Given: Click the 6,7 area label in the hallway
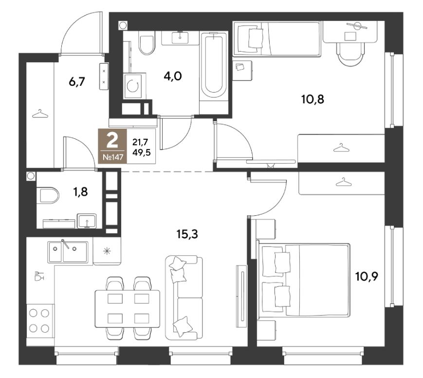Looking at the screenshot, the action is tap(77, 81).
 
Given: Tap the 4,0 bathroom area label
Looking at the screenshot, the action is tap(173, 76).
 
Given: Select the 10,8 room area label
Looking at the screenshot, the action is tap(313, 100).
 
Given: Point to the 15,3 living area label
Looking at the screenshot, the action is tap(187, 234).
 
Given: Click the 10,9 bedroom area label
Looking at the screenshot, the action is tap(367, 277).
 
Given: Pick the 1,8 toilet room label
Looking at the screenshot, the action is tap(80, 192).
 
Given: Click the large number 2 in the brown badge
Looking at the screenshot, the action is tap(112, 141).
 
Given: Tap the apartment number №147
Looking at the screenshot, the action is tap(113, 157).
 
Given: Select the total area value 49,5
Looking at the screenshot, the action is tap(141, 152).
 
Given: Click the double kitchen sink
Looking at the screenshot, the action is tap(68, 252).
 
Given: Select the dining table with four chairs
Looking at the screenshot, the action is tap(128, 308).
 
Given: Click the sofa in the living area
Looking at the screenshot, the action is tap(184, 298).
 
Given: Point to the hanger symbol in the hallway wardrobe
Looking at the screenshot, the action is tap(40, 113).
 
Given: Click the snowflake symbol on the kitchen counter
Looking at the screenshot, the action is tap(107, 251).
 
